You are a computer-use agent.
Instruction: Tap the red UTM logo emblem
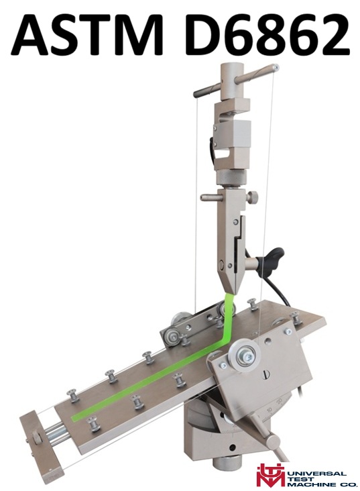pyautogui.click(x=269, y=476)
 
